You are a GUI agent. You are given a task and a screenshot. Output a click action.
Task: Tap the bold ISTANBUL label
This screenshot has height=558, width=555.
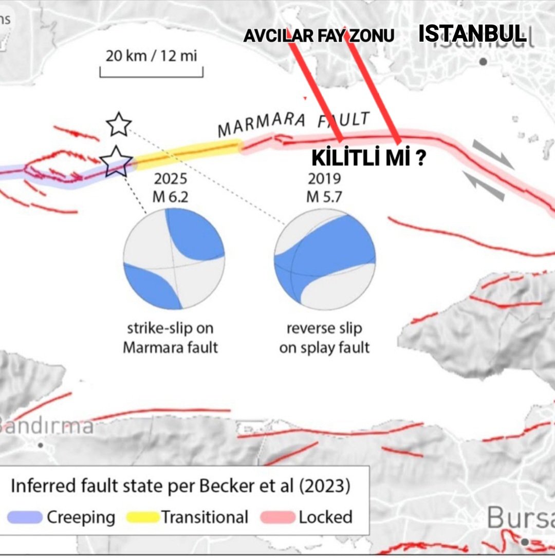[472, 34]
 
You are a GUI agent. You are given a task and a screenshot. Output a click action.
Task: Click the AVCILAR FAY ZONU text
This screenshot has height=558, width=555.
[319, 35]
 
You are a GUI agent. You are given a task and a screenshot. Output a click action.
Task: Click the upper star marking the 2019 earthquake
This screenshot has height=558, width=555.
[119, 124]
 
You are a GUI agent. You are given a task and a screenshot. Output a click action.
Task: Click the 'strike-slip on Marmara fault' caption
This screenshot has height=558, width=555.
[170, 338]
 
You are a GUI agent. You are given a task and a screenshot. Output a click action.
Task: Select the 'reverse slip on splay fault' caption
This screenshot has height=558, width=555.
[324, 338]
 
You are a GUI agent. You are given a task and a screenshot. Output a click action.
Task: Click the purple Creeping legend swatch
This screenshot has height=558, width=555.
[25, 517]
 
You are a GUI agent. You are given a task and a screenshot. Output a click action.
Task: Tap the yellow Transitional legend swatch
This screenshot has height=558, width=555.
[141, 517]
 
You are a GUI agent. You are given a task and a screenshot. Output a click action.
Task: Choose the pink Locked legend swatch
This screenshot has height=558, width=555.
[277, 517]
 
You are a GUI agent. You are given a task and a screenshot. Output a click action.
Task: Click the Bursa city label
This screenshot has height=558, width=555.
[520, 517]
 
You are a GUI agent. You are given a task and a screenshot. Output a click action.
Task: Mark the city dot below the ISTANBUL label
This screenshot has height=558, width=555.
[483, 62]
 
